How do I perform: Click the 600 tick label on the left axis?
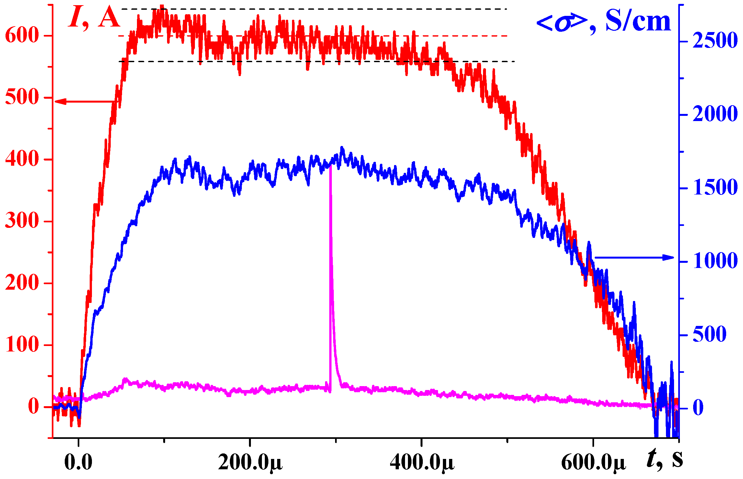22,35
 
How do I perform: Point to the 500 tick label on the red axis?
22,97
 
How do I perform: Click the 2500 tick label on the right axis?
715,41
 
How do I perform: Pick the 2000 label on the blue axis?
715,114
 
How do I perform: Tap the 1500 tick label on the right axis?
715,188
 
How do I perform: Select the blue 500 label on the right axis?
709,335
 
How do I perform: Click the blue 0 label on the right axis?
698,408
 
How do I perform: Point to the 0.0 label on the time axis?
78,462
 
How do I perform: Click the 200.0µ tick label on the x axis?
250,462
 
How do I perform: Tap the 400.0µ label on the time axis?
422,462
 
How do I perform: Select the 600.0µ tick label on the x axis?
593,462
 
